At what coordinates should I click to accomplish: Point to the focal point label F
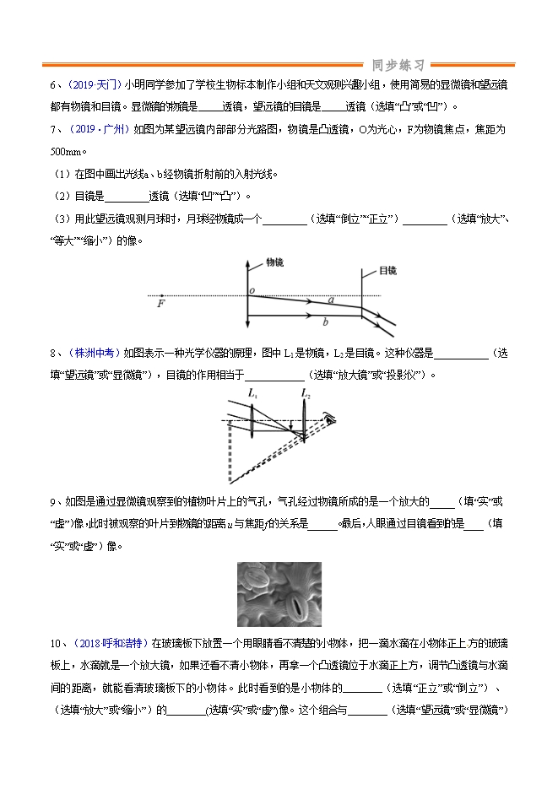click(160, 304)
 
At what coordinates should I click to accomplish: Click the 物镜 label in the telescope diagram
click(274, 262)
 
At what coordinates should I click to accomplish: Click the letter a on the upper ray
click(330, 300)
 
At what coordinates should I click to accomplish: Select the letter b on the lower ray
click(325, 322)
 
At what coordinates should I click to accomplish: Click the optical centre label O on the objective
click(252, 291)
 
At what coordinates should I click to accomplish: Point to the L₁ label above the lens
click(252, 393)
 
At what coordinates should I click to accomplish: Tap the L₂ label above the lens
click(306, 393)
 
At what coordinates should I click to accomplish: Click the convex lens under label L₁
click(255, 419)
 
